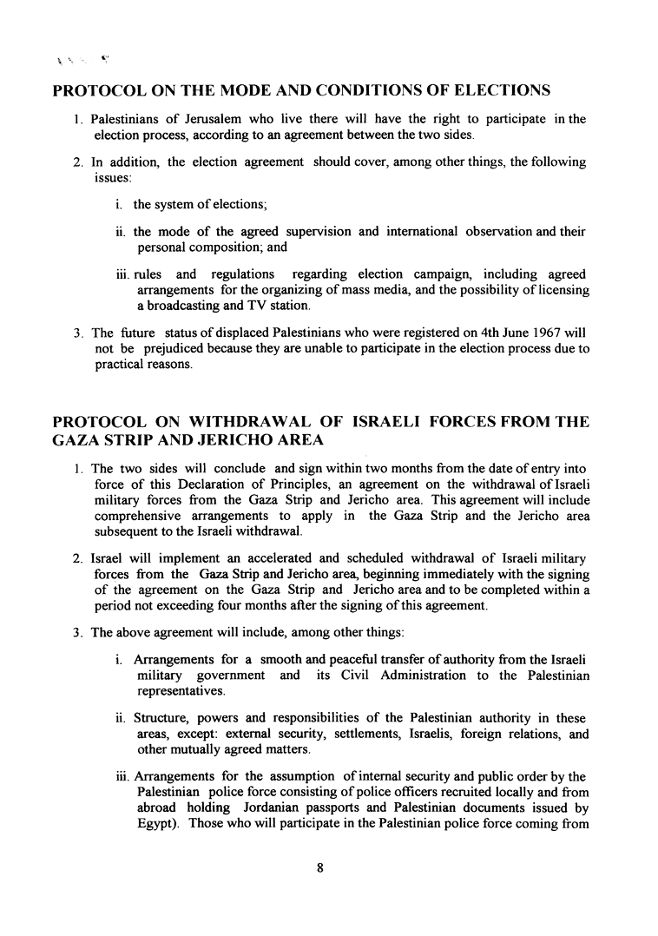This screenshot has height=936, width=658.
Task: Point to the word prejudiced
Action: [180, 349]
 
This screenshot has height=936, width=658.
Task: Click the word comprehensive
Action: [138, 517]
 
